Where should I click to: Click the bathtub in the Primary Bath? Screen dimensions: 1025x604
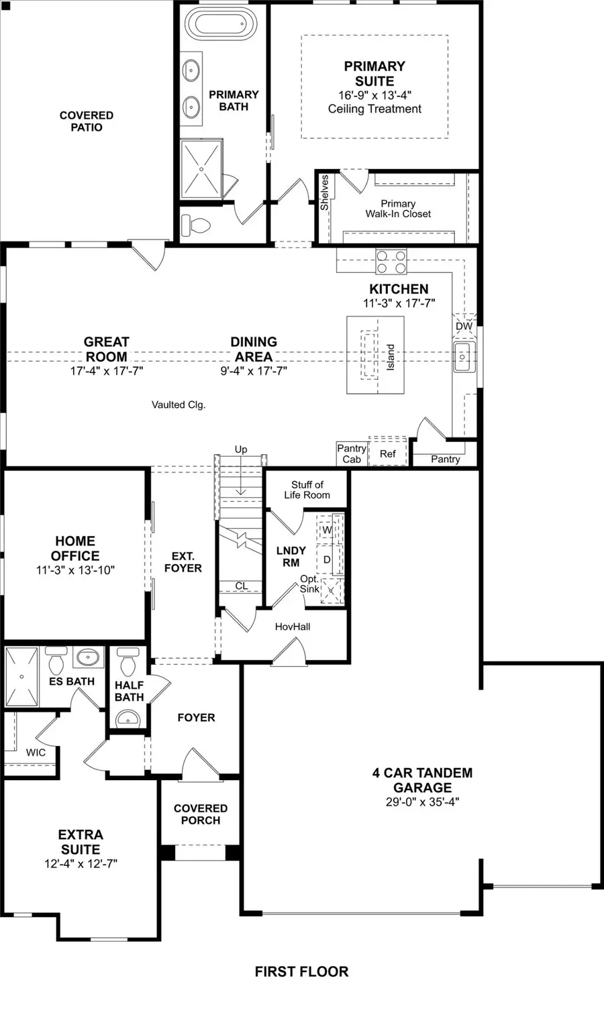[x=215, y=25]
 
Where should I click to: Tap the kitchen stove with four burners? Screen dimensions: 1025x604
[x=391, y=261]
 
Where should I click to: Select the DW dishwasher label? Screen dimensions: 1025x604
[x=464, y=326]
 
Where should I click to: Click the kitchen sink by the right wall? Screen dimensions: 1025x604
[x=463, y=356]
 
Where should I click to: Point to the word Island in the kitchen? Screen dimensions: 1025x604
[x=391, y=358]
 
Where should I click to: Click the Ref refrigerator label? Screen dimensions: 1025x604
[x=388, y=453]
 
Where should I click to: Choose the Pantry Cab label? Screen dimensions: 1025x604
[x=352, y=453]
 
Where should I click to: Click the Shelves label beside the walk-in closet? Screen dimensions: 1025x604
[x=325, y=193]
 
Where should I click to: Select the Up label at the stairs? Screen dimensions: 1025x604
[x=241, y=449]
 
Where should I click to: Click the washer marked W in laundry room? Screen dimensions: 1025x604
[x=328, y=529]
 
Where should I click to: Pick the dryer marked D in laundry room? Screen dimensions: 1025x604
[x=328, y=559]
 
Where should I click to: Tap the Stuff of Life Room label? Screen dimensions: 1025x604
[x=307, y=490]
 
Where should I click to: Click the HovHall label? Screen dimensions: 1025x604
[x=293, y=627]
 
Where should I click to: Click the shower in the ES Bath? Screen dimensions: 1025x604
[x=22, y=677]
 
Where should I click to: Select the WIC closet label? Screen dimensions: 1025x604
[x=36, y=753]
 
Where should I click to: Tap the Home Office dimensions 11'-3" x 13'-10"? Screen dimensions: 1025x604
[x=75, y=570]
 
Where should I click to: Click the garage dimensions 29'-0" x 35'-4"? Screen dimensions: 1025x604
[x=422, y=802]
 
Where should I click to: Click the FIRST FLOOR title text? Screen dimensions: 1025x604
[x=301, y=971]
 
